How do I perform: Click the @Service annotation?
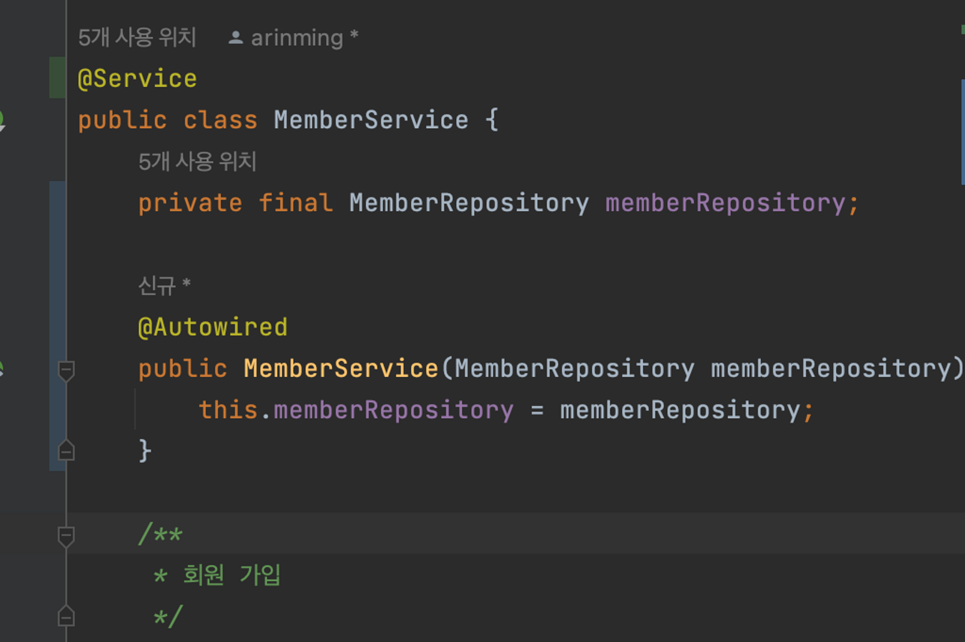click(x=137, y=79)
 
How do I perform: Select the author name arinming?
click(x=297, y=38)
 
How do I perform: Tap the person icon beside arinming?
click(x=235, y=38)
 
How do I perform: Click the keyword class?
click(x=220, y=120)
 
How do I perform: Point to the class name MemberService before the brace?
click(x=371, y=120)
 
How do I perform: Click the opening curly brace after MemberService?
click(x=491, y=120)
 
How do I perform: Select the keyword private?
click(x=190, y=203)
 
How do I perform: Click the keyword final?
click(x=296, y=203)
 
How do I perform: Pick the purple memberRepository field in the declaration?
click(x=725, y=203)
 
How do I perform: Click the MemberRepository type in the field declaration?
click(x=469, y=203)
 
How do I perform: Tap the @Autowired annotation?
click(x=213, y=327)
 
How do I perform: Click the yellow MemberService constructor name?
click(x=341, y=368)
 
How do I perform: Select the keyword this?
click(x=228, y=410)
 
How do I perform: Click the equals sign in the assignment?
click(x=537, y=411)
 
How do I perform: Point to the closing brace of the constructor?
click(x=145, y=450)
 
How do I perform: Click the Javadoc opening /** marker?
click(x=160, y=534)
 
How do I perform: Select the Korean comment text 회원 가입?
click(x=231, y=575)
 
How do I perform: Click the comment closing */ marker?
click(x=168, y=617)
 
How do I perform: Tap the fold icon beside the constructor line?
click(x=66, y=370)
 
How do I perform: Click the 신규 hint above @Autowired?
click(x=157, y=286)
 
